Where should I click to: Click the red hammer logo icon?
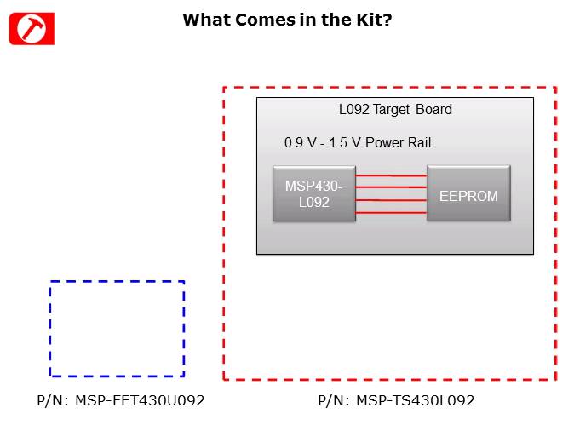[x=32, y=28]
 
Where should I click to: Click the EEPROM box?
[x=468, y=194]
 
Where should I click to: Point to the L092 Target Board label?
[x=395, y=110]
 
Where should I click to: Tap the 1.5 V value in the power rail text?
[x=345, y=142]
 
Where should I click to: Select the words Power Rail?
[x=398, y=142]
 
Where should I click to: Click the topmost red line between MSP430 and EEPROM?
[x=391, y=175]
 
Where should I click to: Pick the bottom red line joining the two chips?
[x=391, y=212]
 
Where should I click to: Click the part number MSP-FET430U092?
[x=140, y=400]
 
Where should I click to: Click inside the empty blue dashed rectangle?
[x=117, y=329]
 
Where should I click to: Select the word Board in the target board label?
[x=433, y=110]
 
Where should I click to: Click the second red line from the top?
[x=391, y=187]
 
